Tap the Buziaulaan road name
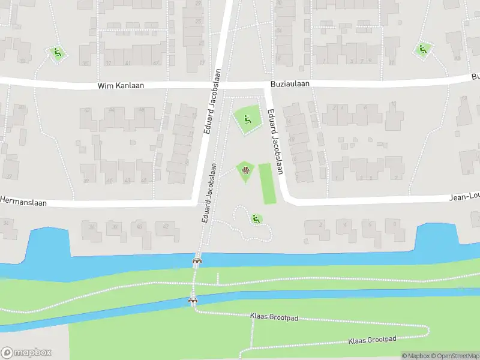tap(290, 84)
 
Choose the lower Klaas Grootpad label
tap(372, 340)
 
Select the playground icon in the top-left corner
tap(58, 53)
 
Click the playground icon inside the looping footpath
tap(256, 219)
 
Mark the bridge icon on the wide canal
tap(197, 261)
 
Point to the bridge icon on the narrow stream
tap(193, 301)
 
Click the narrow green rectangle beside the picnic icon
tap(267, 183)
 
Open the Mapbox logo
tap(26, 353)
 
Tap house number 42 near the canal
tap(166, 226)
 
